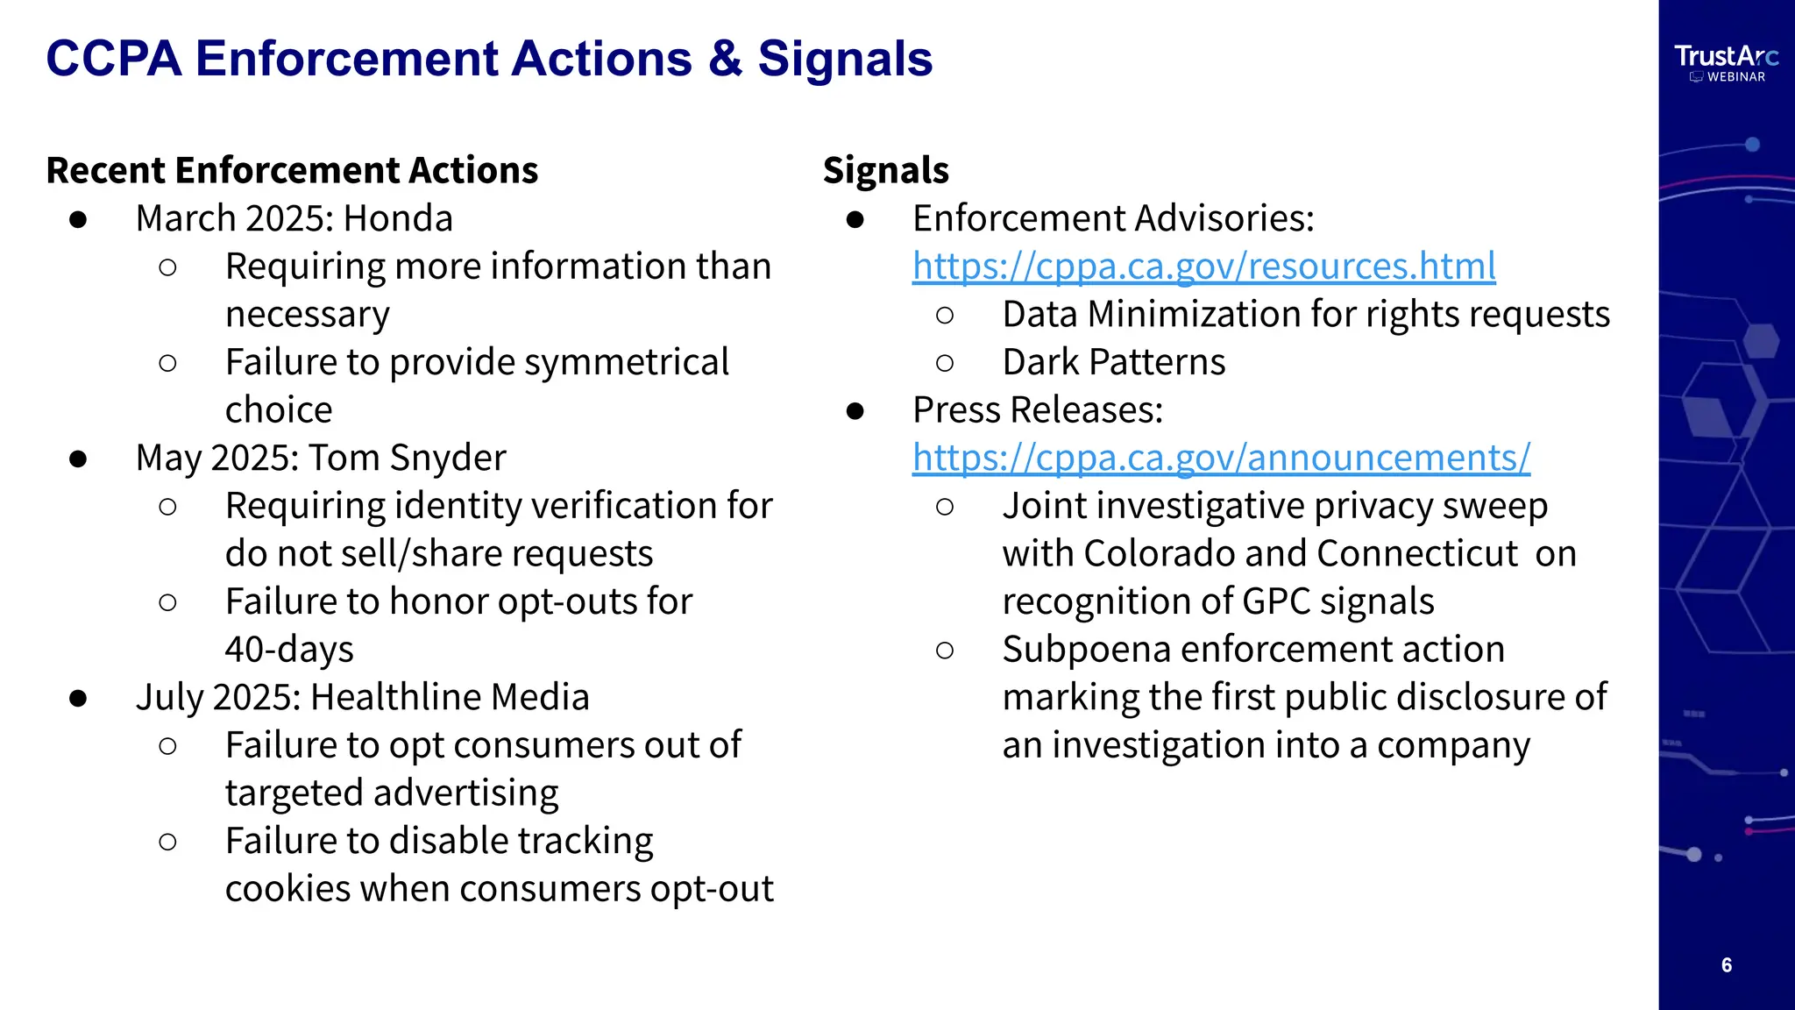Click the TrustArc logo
click(x=1726, y=61)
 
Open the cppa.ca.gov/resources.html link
click(x=1203, y=266)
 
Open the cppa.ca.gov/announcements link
click(x=1221, y=458)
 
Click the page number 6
click(x=1727, y=965)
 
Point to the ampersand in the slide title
click(x=725, y=59)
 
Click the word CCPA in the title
click(x=114, y=59)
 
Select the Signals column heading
click(x=885, y=170)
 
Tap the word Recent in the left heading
click(x=105, y=170)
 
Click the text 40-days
click(x=289, y=650)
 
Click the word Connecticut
click(x=1416, y=554)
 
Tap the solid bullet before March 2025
click(x=78, y=219)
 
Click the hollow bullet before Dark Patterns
click(x=944, y=363)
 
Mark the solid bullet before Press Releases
click(x=855, y=410)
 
